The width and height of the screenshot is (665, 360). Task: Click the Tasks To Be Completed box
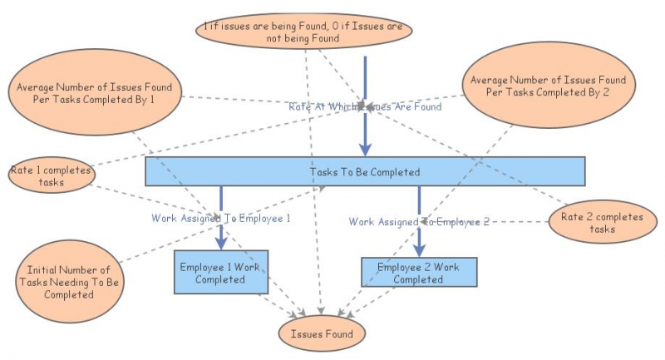coord(364,171)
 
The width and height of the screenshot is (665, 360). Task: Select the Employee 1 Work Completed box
coord(220,272)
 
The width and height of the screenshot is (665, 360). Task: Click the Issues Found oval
coord(322,334)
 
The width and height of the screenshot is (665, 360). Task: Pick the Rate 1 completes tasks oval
coord(51,177)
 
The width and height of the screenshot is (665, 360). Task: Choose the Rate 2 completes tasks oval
coord(602,223)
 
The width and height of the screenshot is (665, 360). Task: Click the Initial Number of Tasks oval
coord(68,282)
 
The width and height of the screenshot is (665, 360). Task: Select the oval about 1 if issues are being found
coord(304,32)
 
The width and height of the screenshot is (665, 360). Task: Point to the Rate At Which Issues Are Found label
coord(364,106)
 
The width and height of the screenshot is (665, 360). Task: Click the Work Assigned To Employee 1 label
coord(220,219)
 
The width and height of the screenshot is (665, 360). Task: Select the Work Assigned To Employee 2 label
coord(419,222)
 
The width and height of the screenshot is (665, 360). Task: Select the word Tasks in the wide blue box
coord(323,172)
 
